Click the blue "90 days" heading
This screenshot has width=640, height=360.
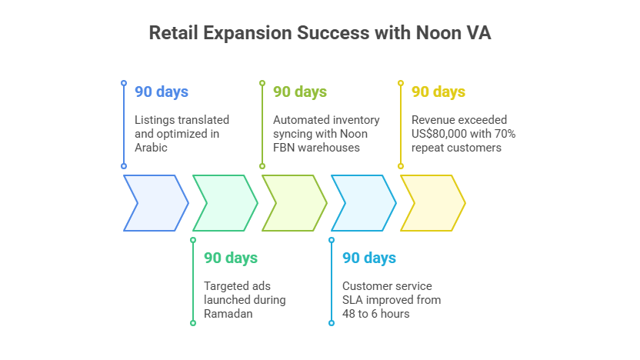click(162, 92)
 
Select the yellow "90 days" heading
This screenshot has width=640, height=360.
click(438, 92)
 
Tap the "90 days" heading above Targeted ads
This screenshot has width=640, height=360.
click(231, 258)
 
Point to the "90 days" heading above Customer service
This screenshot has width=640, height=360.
click(369, 258)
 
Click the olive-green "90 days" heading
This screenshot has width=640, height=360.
click(300, 92)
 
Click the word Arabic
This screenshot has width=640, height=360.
click(151, 148)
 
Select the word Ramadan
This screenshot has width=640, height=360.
click(228, 314)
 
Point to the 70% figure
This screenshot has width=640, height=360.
click(505, 134)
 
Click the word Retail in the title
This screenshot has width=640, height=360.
click(174, 33)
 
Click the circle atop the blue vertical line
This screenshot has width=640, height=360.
click(124, 83)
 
